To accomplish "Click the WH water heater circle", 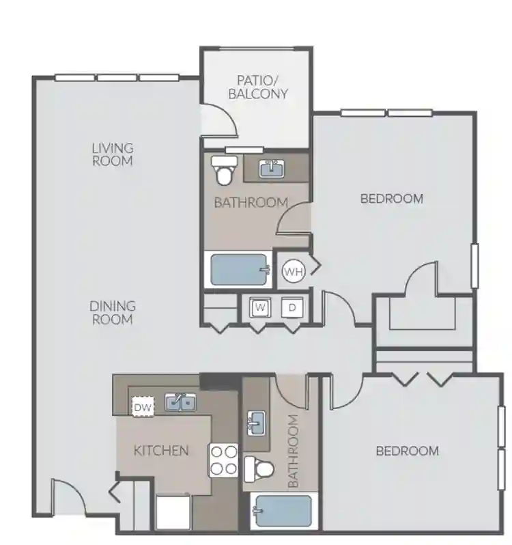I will [x=293, y=271].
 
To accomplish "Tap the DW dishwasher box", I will [x=143, y=408].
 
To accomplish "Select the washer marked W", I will [x=259, y=308].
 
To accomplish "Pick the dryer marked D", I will [x=292, y=308].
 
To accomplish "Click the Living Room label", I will [x=113, y=154].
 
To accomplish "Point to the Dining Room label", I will [x=113, y=312].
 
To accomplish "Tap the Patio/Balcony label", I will [x=258, y=87].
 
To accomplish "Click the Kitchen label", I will [x=161, y=450].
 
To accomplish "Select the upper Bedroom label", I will [x=391, y=199].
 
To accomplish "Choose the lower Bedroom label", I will [x=407, y=451].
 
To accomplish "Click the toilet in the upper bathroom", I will [x=223, y=169].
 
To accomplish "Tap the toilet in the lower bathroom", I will [x=260, y=469].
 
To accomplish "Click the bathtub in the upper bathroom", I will [x=239, y=270].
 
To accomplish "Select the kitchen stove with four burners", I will [x=223, y=460].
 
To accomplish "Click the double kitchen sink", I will [x=180, y=403].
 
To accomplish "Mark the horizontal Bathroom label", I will [x=251, y=203].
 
